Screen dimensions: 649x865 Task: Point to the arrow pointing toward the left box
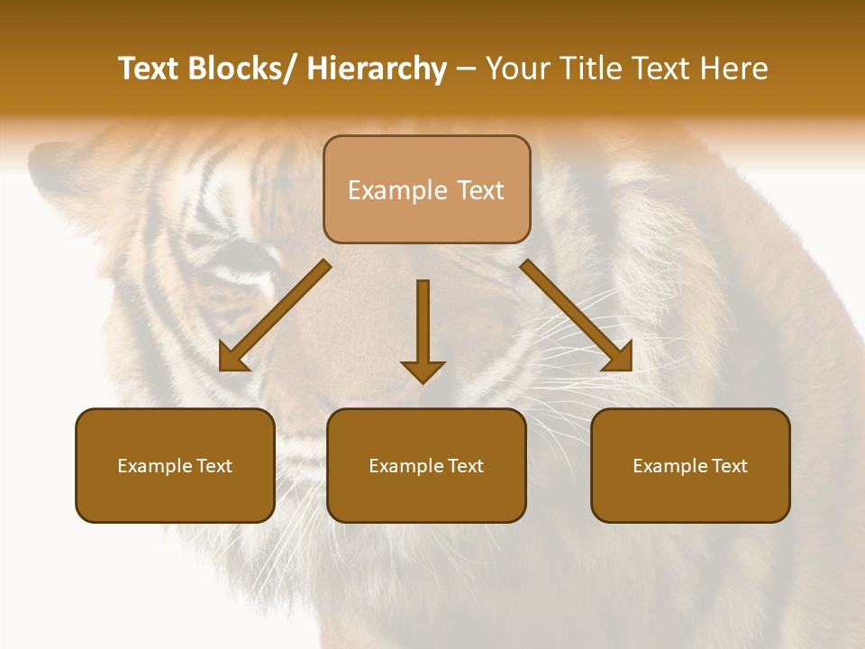[279, 312]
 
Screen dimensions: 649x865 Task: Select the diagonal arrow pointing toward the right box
[572, 312]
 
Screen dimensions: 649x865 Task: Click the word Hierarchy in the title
[377, 69]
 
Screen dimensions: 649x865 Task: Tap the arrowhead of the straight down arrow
[423, 370]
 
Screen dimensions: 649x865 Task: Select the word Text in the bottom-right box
[730, 466]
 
